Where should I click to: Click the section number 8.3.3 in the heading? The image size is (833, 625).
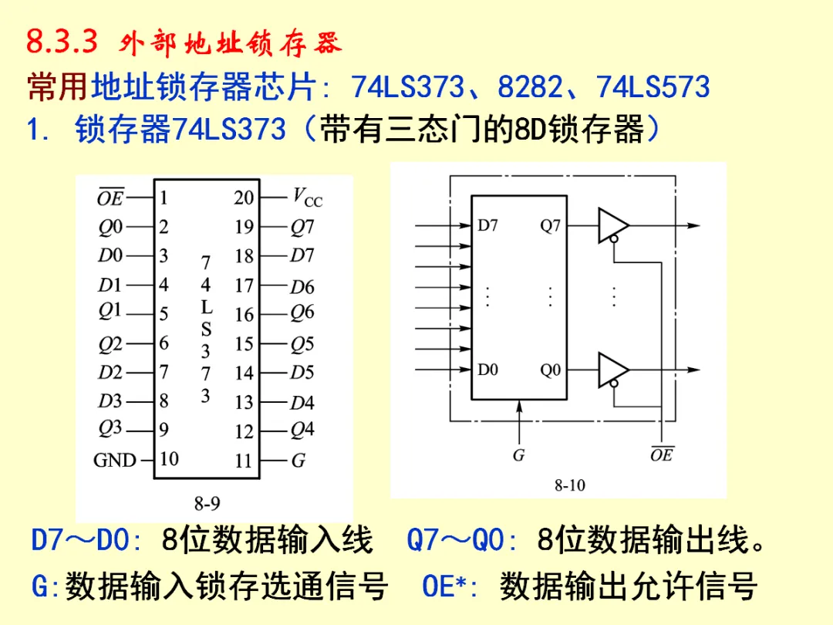tap(62, 42)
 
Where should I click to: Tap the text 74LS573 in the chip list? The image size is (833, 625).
tap(653, 86)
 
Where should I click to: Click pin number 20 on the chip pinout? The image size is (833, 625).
tap(244, 198)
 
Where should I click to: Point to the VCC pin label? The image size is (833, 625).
tap(307, 198)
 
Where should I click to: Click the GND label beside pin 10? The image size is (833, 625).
tap(115, 460)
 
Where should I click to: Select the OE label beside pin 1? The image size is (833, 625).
tap(110, 198)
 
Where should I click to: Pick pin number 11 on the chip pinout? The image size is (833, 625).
tap(244, 461)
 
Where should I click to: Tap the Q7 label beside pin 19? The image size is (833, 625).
tap(302, 228)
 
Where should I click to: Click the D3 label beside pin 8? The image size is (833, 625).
tap(110, 401)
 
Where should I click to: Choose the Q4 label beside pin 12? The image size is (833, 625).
tap(302, 430)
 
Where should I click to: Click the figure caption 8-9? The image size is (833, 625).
tap(207, 504)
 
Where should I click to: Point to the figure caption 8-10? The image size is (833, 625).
tap(569, 485)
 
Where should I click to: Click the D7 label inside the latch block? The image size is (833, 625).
tap(487, 225)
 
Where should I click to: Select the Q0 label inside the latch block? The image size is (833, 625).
tap(550, 370)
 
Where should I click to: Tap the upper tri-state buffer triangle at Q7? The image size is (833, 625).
tap(612, 225)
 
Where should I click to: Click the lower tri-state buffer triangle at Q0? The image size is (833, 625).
tap(612, 370)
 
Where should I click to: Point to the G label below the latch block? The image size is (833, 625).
tap(518, 454)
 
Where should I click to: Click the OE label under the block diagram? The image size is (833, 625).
tap(661, 454)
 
